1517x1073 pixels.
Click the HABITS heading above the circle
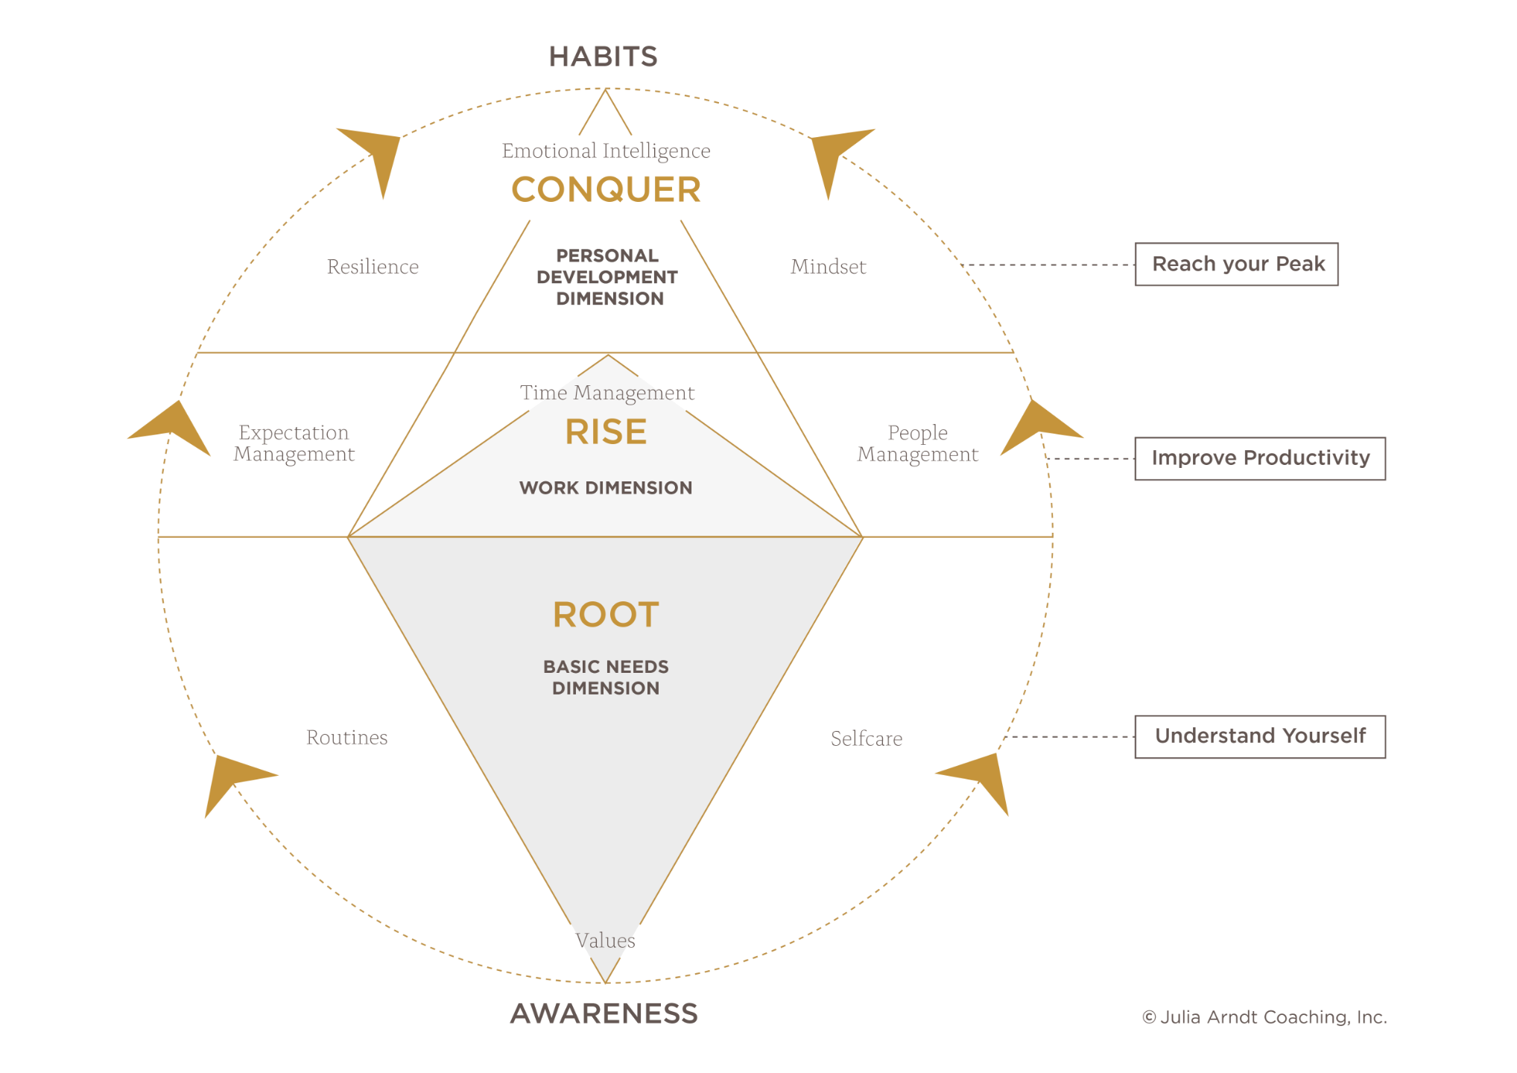(603, 57)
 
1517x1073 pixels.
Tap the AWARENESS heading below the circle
(604, 1013)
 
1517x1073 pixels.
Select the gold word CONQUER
(606, 189)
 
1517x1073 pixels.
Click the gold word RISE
(606, 432)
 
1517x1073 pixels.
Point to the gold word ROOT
(606, 615)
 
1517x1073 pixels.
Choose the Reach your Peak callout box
(1237, 265)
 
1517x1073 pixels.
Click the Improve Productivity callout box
(1260, 458)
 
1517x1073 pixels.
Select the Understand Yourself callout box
(1260, 736)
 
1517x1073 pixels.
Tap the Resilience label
(373, 267)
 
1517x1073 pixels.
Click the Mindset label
(829, 267)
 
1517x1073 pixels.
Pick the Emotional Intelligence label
(606, 151)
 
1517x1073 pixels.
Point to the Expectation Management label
(294, 443)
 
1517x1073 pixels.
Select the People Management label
(917, 443)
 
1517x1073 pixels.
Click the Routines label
(346, 738)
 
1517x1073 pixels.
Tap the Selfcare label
(867, 738)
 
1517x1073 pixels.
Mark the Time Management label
(607, 393)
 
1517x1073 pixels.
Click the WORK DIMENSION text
(606, 488)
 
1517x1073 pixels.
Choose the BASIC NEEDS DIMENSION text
(606, 677)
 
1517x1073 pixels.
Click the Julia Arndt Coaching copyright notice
(1264, 1017)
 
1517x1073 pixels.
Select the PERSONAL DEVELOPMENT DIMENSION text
(607, 277)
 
